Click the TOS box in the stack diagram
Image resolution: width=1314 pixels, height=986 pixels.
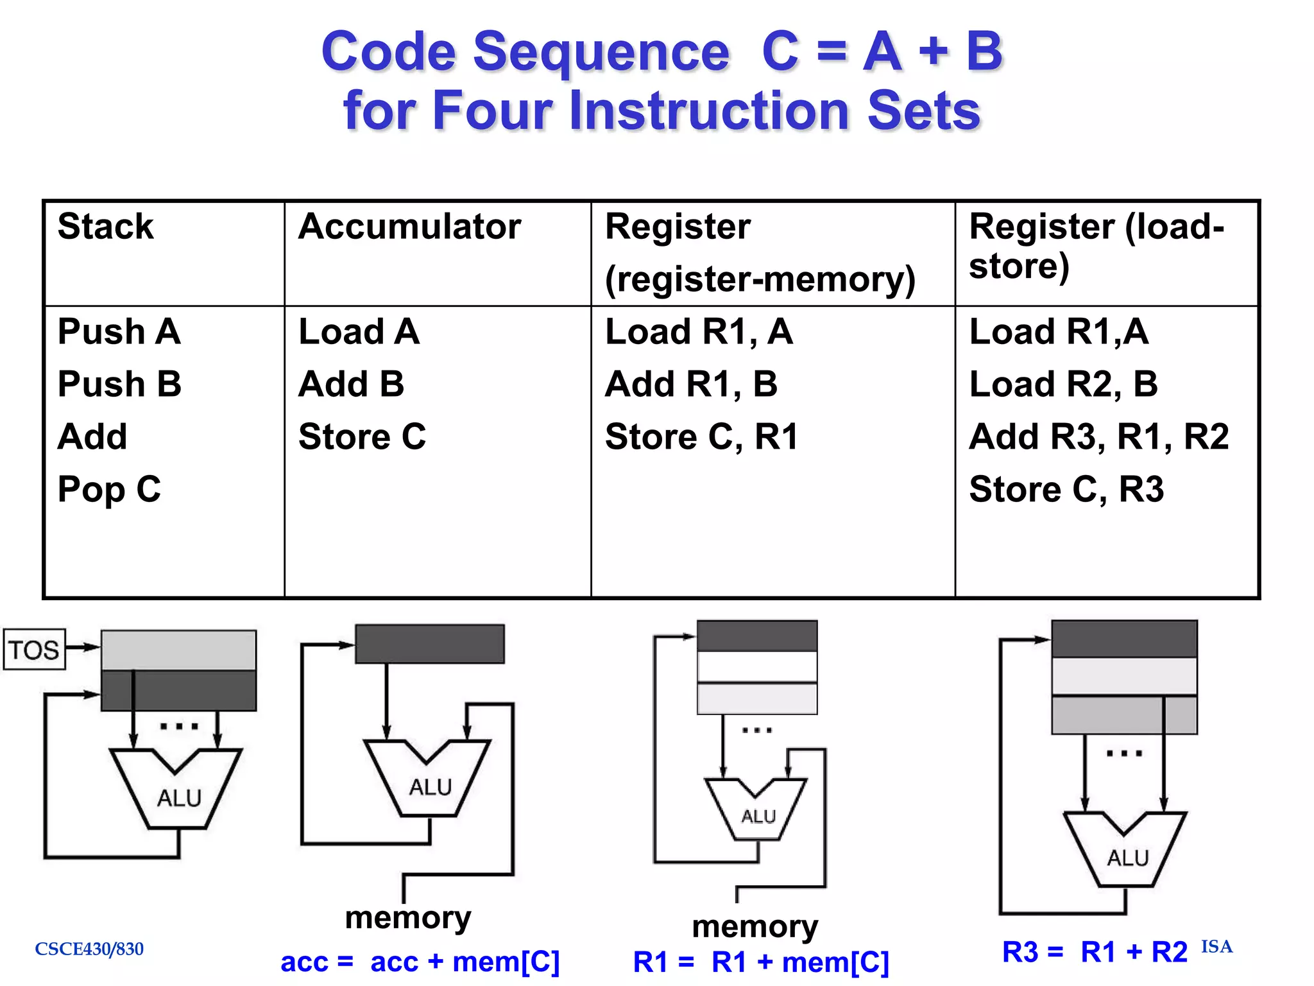pyautogui.click(x=34, y=650)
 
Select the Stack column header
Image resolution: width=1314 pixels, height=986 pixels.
pyautogui.click(x=106, y=227)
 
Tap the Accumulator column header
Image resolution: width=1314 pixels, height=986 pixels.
pyautogui.click(x=409, y=227)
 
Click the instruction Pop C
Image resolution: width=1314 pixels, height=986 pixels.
pyautogui.click(x=109, y=489)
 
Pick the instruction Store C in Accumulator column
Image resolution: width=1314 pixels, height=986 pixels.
pyautogui.click(x=362, y=437)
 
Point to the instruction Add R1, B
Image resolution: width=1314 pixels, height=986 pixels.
pyautogui.click(x=691, y=384)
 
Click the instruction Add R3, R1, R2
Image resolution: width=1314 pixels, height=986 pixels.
pyautogui.click(x=1098, y=437)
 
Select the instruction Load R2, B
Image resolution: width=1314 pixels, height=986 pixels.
pyautogui.click(x=1063, y=384)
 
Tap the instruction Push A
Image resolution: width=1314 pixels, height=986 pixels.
pyautogui.click(x=119, y=332)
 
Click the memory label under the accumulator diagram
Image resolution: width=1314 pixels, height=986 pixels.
pyautogui.click(x=408, y=918)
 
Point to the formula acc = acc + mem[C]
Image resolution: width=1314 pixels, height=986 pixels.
pyautogui.click(x=420, y=962)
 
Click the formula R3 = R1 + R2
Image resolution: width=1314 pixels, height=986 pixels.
pyautogui.click(x=1095, y=952)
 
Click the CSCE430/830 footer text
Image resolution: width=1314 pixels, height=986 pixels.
pyautogui.click(x=89, y=949)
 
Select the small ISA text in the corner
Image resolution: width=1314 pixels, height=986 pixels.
pyautogui.click(x=1216, y=947)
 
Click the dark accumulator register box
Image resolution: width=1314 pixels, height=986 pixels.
pyautogui.click(x=430, y=644)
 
